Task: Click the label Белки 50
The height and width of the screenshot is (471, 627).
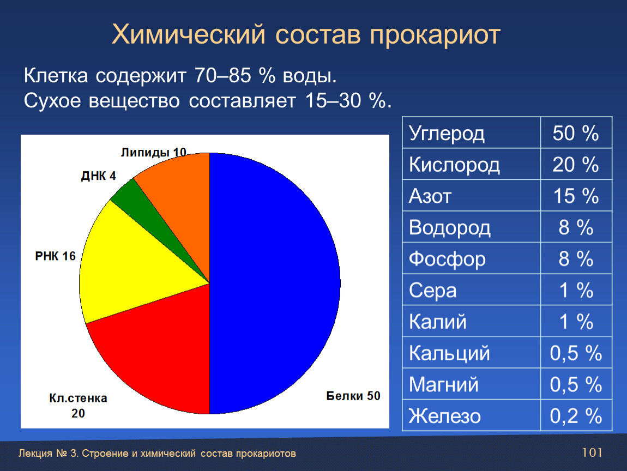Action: (353, 396)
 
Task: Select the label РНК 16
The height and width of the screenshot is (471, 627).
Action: (55, 256)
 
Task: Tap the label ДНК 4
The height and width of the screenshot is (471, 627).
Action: (98, 176)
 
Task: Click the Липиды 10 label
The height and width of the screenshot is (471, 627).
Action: (154, 152)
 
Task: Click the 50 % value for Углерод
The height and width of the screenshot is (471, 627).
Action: (575, 133)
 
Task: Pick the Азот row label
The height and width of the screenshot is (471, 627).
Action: (430, 196)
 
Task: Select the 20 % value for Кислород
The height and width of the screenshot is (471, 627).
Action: (575, 165)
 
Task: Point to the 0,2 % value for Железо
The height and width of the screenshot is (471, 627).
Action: (576, 416)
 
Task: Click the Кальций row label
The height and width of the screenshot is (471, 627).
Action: (449, 354)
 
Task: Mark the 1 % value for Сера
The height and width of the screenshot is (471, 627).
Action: (576, 291)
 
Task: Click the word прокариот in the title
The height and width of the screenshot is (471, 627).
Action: (435, 35)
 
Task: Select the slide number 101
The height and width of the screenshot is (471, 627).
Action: (592, 452)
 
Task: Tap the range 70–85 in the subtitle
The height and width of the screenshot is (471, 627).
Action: (223, 76)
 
